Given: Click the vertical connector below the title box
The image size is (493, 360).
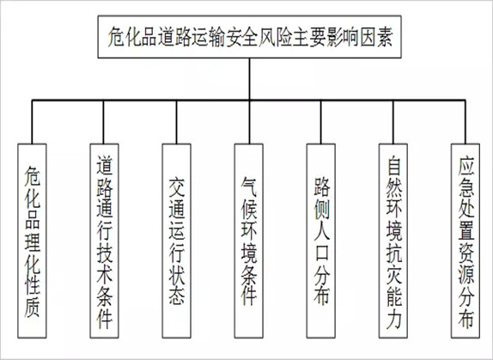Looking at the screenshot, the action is coord(250,79).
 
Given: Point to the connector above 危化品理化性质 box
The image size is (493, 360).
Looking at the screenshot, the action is coord(32,122).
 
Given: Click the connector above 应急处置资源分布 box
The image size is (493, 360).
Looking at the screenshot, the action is coord(466,122).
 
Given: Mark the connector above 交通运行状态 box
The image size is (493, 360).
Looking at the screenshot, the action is coord(176,122).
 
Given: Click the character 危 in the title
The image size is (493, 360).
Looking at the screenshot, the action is coord(116,38).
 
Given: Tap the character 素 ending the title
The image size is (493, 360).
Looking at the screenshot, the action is coord(384,38).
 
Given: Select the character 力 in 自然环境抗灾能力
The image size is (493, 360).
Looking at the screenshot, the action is coord(394,320).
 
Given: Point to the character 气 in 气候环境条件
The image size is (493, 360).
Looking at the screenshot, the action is coord(249,186).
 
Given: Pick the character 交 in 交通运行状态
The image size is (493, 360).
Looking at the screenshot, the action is coord(177,186).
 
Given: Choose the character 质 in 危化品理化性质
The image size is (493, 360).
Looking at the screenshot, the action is coord(32,309).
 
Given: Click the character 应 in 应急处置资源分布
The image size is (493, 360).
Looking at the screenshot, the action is coord(466,167).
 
